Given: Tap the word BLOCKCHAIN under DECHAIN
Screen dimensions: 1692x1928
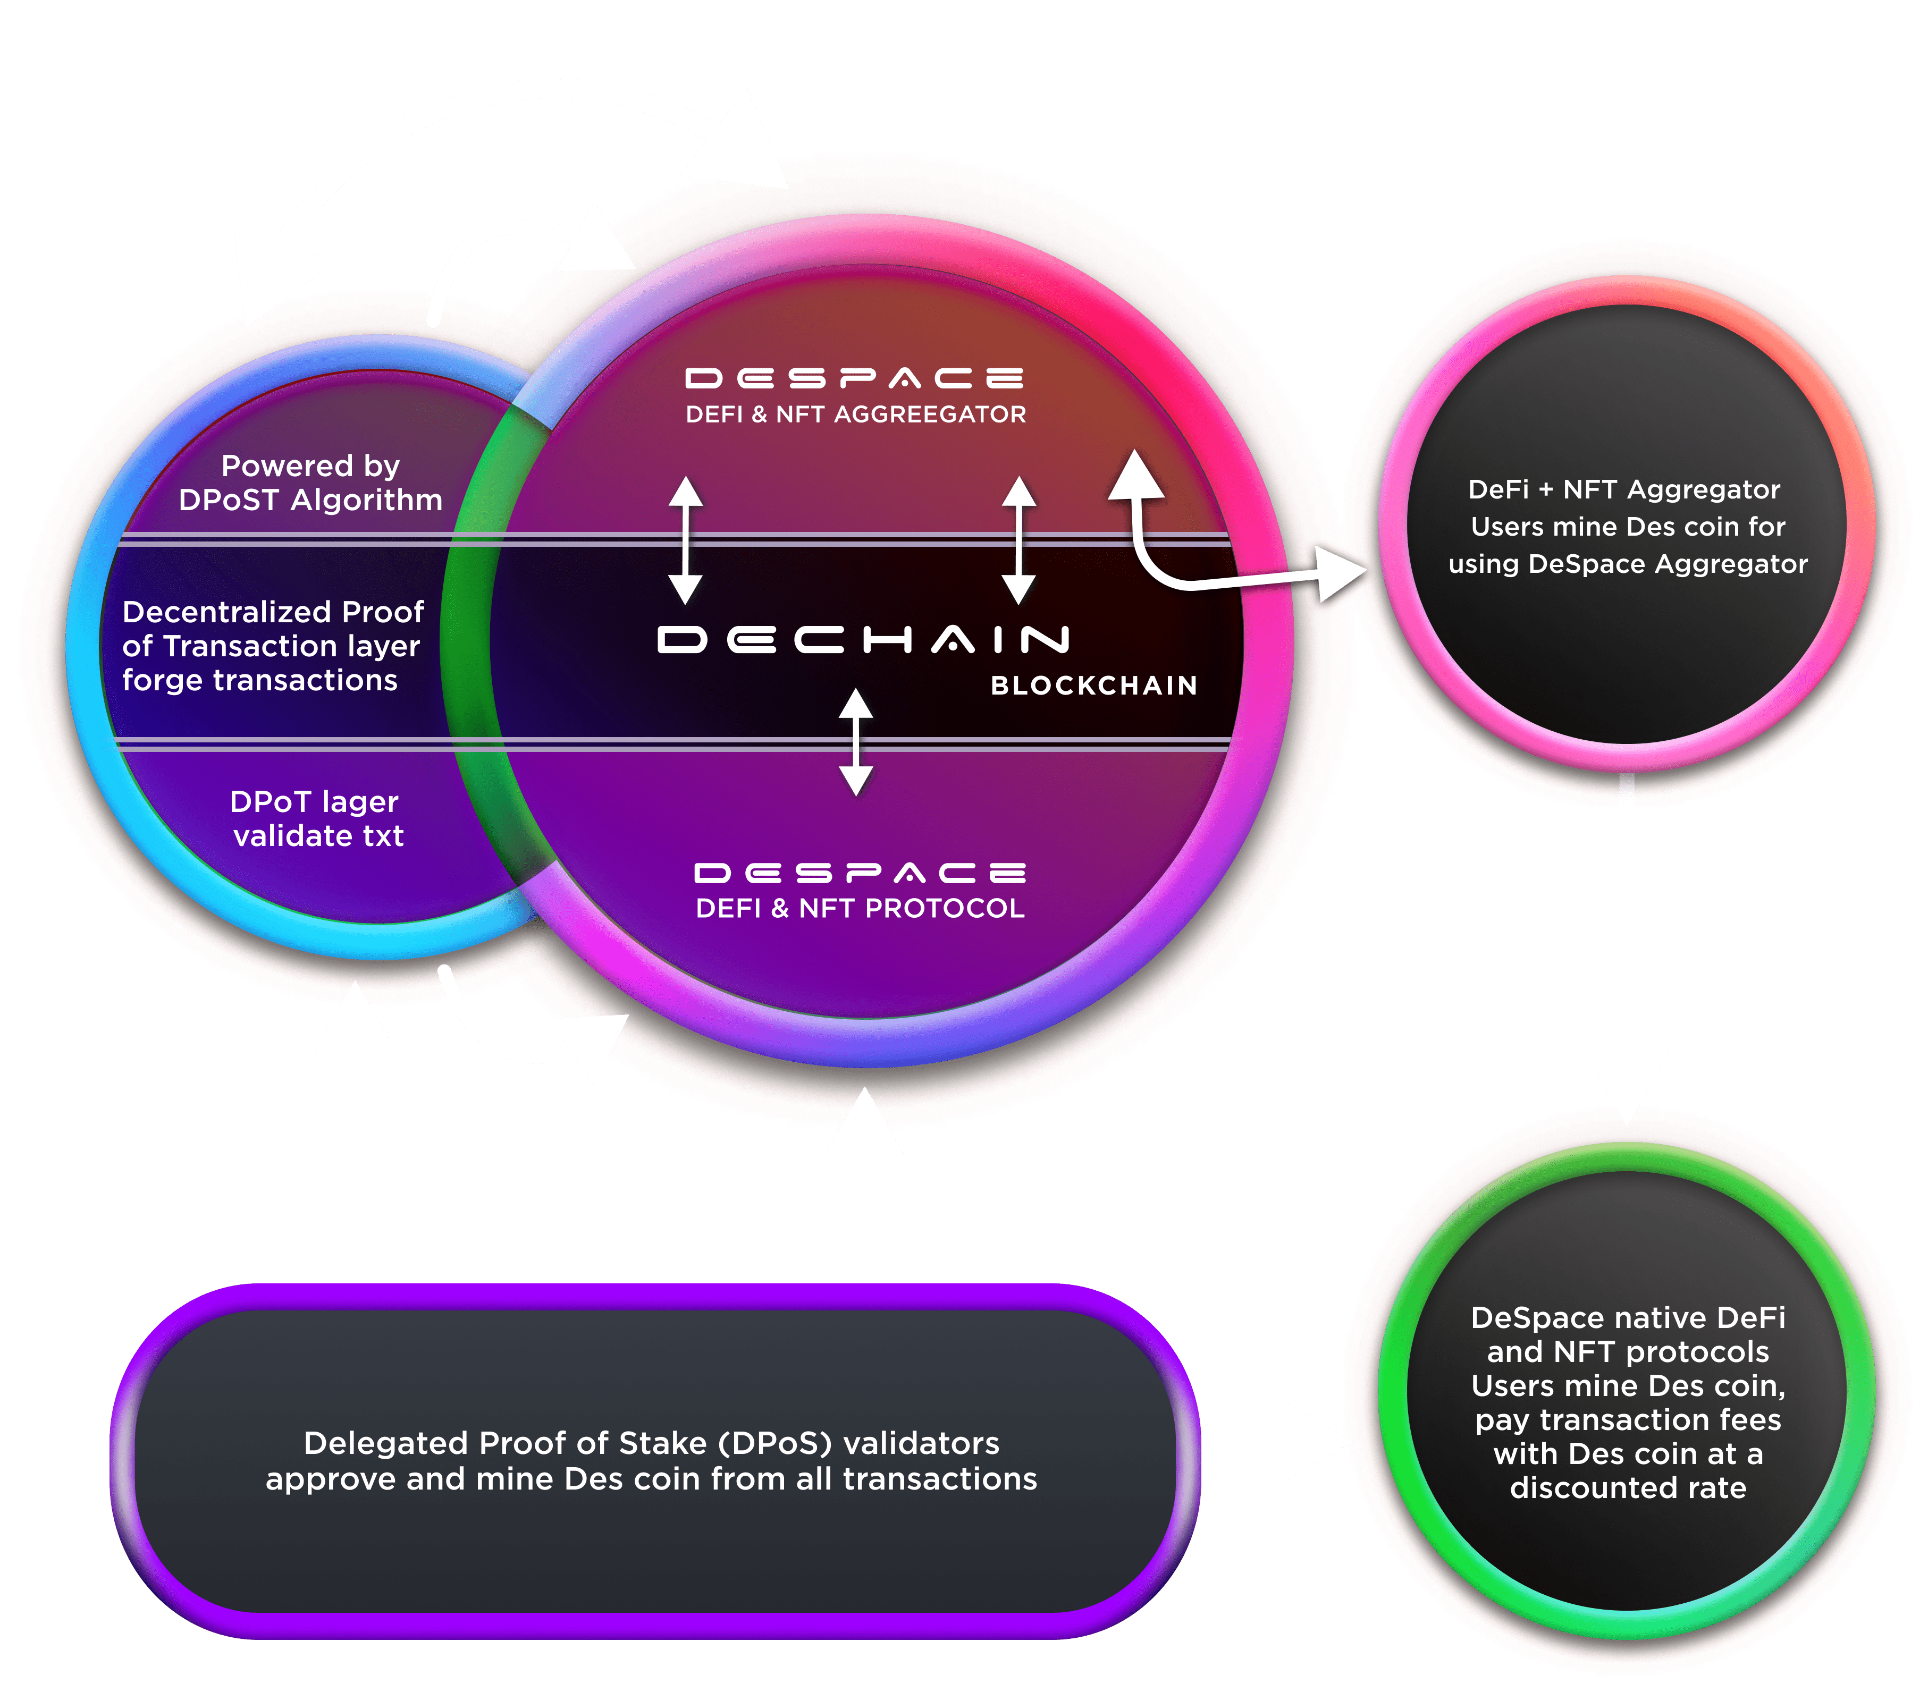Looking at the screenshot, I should (x=1093, y=686).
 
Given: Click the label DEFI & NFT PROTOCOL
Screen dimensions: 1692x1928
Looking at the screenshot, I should (x=860, y=908).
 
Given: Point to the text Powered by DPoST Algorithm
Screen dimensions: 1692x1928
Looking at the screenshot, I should (x=310, y=483).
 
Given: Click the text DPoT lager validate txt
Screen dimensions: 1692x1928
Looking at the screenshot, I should (x=317, y=819).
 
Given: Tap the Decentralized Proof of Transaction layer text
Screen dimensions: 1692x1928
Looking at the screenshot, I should (x=273, y=646).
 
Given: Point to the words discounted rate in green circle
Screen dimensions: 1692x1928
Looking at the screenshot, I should (x=1628, y=1488).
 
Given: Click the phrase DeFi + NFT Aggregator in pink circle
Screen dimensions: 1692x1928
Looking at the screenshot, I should (x=1624, y=489).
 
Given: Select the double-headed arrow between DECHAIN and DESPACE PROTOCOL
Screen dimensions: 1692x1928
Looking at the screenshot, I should (x=855, y=741).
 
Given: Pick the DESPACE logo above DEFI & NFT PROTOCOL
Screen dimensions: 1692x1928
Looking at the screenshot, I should (x=860, y=873).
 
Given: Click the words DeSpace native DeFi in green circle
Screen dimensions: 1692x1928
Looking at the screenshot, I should (x=1628, y=1317).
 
